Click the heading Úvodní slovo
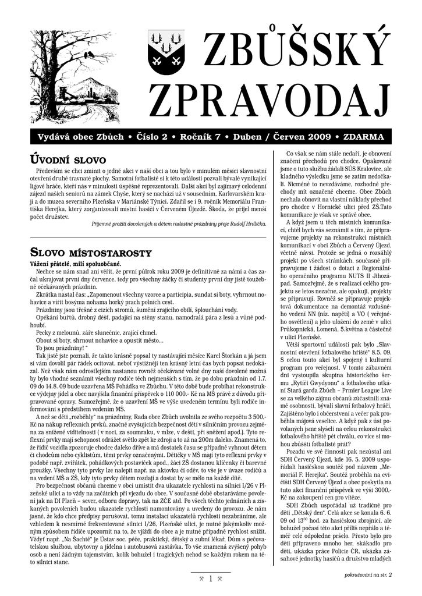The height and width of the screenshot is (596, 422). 68,159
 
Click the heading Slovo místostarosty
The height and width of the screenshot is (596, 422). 90,253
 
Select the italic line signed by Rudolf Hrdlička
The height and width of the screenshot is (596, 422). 179,224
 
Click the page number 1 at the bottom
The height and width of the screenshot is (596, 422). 210,579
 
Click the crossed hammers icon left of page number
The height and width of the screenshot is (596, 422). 200,579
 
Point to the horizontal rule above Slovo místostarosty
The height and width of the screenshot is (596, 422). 148,237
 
